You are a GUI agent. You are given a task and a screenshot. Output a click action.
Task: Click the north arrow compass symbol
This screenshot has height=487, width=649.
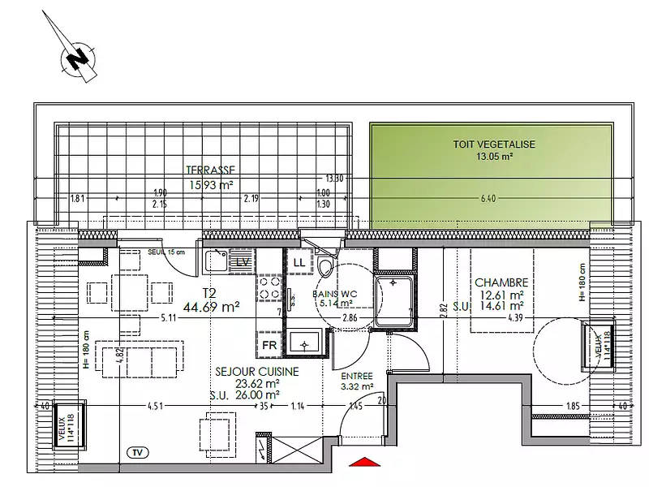78,58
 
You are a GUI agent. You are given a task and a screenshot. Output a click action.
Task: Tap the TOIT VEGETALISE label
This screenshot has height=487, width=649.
494,144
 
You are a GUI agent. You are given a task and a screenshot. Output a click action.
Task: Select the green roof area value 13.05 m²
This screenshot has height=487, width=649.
494,157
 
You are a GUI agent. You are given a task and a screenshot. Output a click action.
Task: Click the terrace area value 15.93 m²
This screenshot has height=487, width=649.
211,185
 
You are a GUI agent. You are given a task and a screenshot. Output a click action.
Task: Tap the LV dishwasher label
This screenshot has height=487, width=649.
243,261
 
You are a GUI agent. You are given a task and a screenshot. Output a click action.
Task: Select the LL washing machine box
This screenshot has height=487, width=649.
299,262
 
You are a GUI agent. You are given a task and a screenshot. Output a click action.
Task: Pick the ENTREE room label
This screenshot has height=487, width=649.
357,377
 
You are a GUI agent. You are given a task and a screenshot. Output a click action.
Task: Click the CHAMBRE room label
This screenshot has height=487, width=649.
500,282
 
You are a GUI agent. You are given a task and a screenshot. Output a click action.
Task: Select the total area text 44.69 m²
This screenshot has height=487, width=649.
211,307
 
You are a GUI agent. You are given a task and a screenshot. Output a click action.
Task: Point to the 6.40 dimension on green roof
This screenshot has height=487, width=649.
487,198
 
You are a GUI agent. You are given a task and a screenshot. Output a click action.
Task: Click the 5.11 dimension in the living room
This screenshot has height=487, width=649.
169,317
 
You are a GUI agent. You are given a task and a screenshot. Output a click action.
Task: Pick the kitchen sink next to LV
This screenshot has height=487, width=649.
216,261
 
